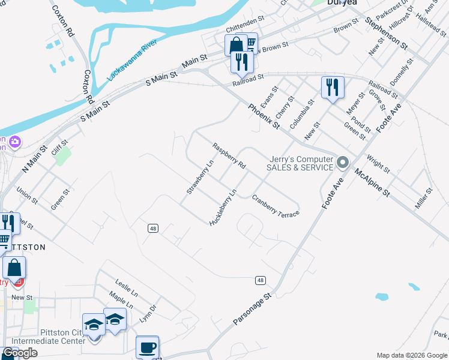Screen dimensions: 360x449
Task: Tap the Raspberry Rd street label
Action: (229, 155)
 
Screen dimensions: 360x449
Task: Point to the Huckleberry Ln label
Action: (223, 208)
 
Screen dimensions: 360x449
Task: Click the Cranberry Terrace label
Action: (276, 205)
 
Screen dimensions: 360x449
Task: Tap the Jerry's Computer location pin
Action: (343, 162)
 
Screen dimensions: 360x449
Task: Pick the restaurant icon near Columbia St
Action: (332, 87)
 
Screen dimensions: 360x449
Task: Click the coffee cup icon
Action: (147, 347)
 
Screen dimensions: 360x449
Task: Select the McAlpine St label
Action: (372, 182)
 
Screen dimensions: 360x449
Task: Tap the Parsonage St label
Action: (252, 309)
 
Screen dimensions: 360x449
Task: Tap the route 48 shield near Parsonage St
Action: (260, 280)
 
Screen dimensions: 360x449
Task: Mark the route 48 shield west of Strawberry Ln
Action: (153, 228)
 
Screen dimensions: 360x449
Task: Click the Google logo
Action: (20, 353)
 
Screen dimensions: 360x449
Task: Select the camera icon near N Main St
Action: (14, 142)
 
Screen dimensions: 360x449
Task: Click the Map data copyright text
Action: (411, 355)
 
